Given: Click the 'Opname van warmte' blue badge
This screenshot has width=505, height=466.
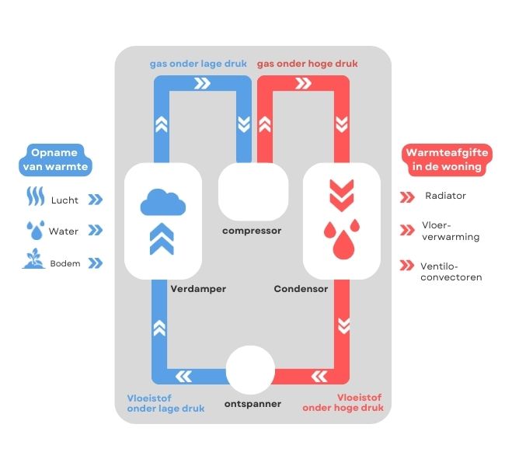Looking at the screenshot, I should pyautogui.click(x=60, y=158).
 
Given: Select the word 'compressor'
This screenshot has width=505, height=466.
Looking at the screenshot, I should pyautogui.click(x=252, y=231).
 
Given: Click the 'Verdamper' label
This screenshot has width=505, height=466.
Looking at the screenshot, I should pyautogui.click(x=198, y=289).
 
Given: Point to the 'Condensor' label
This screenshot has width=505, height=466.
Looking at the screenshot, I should pyautogui.click(x=301, y=289).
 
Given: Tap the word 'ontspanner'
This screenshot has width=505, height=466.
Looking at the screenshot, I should pyautogui.click(x=252, y=404).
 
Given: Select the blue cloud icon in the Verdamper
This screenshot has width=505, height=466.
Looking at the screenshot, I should pyautogui.click(x=162, y=203).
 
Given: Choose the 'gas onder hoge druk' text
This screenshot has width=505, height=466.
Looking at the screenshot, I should pyautogui.click(x=307, y=63).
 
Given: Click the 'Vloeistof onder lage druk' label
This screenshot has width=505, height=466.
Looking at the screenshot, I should pyautogui.click(x=165, y=402).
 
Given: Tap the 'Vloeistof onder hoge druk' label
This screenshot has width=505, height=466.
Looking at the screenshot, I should pyautogui.click(x=343, y=402).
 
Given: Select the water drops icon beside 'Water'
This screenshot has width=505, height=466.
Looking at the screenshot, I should pyautogui.click(x=33, y=230).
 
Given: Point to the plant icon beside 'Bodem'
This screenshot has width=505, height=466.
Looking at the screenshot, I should pyautogui.click(x=32, y=260).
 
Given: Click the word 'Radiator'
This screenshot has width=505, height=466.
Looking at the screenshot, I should pyautogui.click(x=446, y=196).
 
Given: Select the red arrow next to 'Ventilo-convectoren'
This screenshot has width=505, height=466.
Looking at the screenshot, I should pyautogui.click(x=406, y=266).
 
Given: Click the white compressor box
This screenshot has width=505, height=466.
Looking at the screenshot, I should pyautogui.click(x=252, y=191).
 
